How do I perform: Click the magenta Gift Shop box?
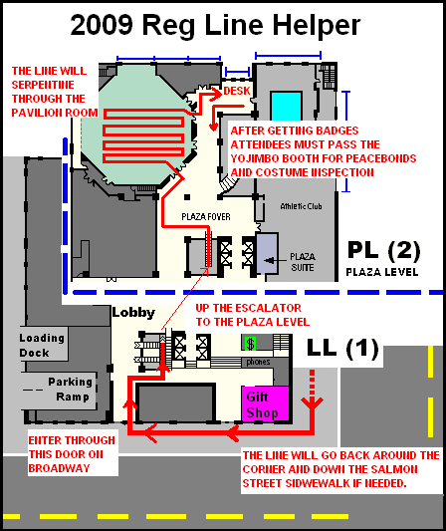coord(265,403)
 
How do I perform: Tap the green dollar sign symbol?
coord(251,344)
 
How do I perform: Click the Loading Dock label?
coord(42,345)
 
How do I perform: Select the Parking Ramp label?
coord(70,390)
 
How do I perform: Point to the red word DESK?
coord(237,91)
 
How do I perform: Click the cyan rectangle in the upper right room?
coord(286,106)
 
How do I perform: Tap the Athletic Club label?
coord(301,206)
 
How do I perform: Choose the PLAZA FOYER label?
coord(206,217)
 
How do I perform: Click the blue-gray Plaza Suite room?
coord(268,254)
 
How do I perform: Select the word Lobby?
coord(133,313)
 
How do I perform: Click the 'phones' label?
coord(258,362)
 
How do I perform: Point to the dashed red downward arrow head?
coord(312,403)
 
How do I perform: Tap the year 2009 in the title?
coord(102,25)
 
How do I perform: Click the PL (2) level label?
coord(383,250)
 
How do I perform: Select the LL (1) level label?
coord(342,347)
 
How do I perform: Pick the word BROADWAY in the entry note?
coord(59,468)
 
